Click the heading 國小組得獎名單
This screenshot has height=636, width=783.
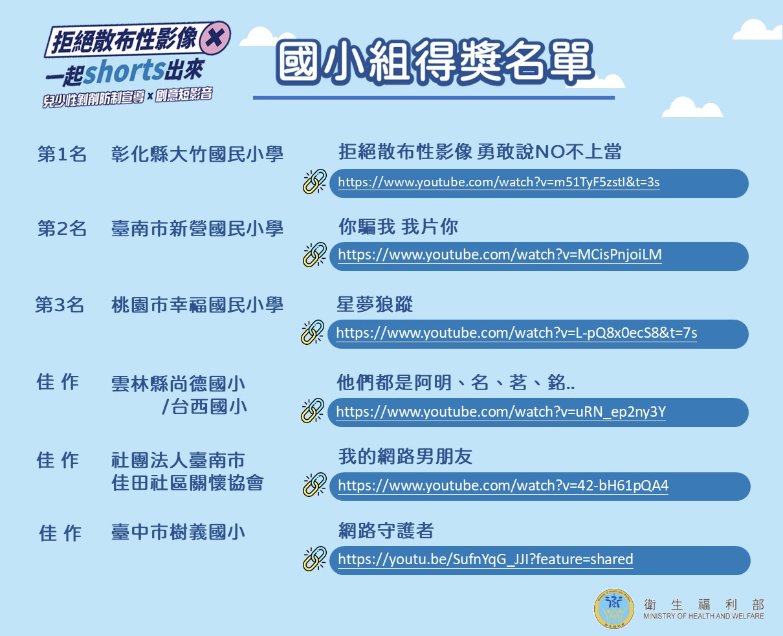pos(434,61)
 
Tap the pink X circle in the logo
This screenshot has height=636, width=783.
pos(215,37)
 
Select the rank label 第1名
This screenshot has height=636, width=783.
pos(61,153)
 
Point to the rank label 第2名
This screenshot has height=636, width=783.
pos(61,228)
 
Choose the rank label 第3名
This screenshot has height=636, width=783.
pos(60,305)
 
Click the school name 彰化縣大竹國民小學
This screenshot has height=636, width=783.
pos(197,153)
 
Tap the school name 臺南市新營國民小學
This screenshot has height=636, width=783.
pos(197,228)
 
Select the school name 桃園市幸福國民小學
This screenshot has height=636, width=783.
pos(197,305)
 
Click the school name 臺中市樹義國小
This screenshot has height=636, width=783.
pos(179,532)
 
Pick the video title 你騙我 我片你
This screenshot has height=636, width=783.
pos(399,226)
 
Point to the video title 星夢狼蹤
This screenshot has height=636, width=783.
pos(375,304)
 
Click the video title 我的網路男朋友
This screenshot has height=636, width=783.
pos(405,457)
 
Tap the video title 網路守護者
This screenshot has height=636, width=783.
pos(386,531)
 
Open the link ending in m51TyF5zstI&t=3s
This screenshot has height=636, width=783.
pos(499,182)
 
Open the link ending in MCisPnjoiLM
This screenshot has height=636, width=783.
pos(500,255)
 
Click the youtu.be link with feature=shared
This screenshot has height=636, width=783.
pos(485,560)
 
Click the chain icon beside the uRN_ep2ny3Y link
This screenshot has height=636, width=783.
pos(313,411)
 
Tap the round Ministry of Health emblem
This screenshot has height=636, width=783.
pos(614,608)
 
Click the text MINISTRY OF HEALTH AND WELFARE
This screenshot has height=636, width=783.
pos(703,616)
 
